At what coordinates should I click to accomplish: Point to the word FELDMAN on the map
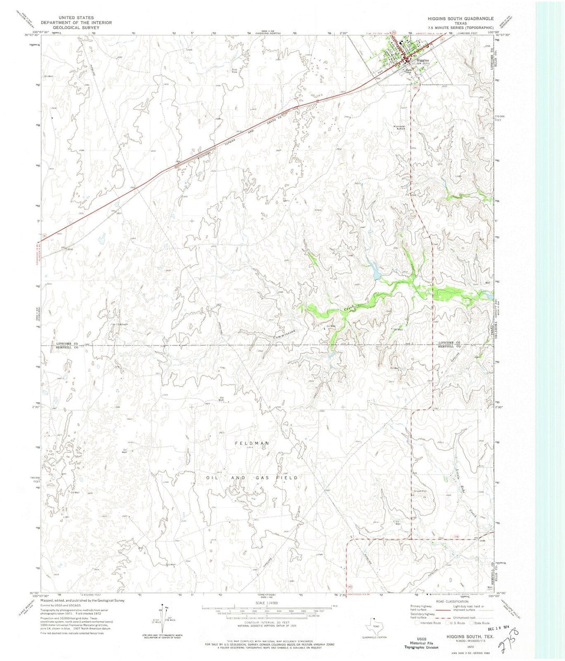pyautogui.click(x=252, y=443)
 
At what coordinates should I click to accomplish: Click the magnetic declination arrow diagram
pyautogui.click(x=162, y=618)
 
